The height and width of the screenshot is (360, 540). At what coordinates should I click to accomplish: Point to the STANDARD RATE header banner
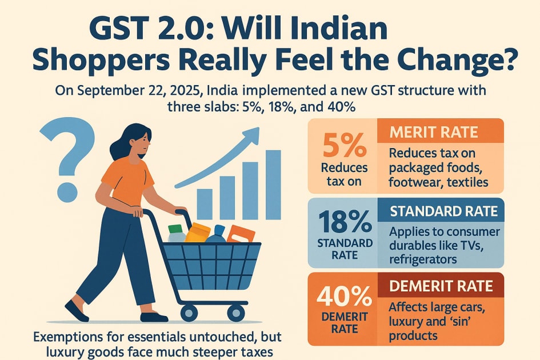click(x=443, y=211)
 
